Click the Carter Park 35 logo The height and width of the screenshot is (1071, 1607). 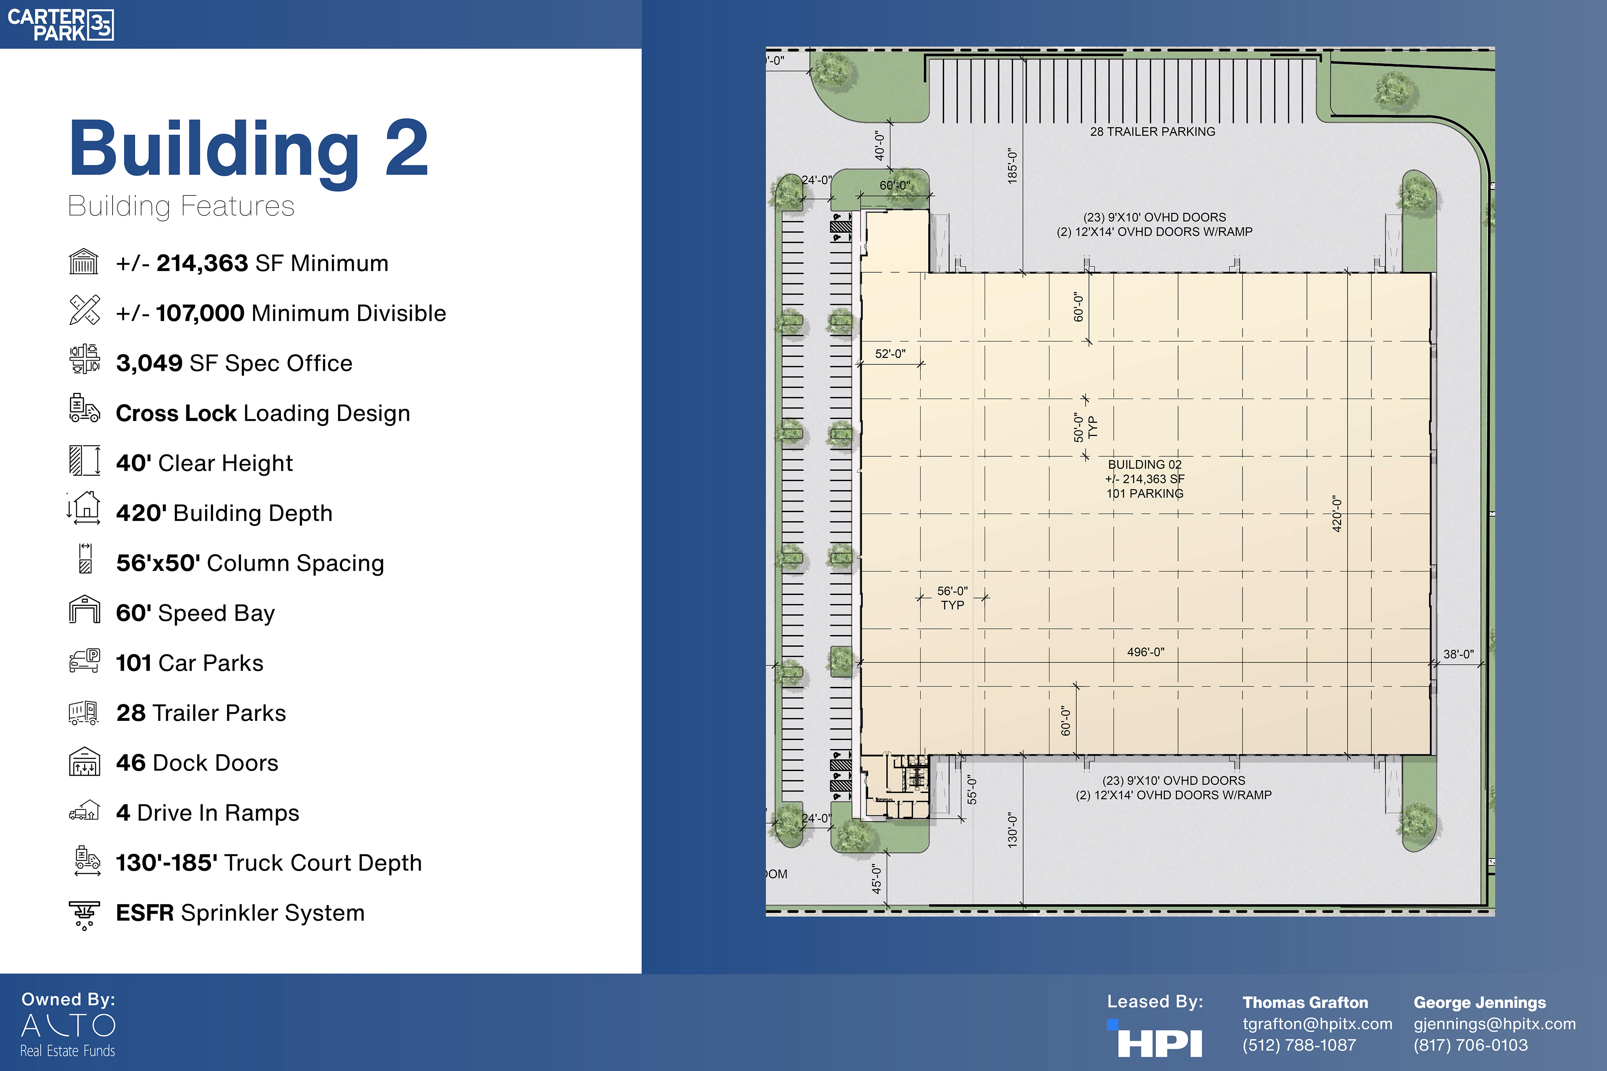tap(60, 25)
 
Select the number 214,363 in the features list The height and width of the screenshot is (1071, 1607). tap(202, 263)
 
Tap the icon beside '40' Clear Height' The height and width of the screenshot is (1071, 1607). tap(85, 460)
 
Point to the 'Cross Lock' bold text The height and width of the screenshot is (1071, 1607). tap(176, 413)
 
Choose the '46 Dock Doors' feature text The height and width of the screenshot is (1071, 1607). tap(198, 763)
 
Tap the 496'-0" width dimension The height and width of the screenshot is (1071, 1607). tap(1146, 652)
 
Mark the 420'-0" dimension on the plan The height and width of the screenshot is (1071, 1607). tap(1337, 514)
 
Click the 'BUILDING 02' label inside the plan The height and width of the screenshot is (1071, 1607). tap(1145, 464)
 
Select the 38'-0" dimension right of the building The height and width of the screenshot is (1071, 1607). tap(1459, 654)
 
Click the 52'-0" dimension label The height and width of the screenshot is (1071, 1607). tap(890, 354)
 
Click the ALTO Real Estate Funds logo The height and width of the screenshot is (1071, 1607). tap(68, 1035)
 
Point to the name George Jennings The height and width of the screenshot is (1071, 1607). tap(1480, 1003)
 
